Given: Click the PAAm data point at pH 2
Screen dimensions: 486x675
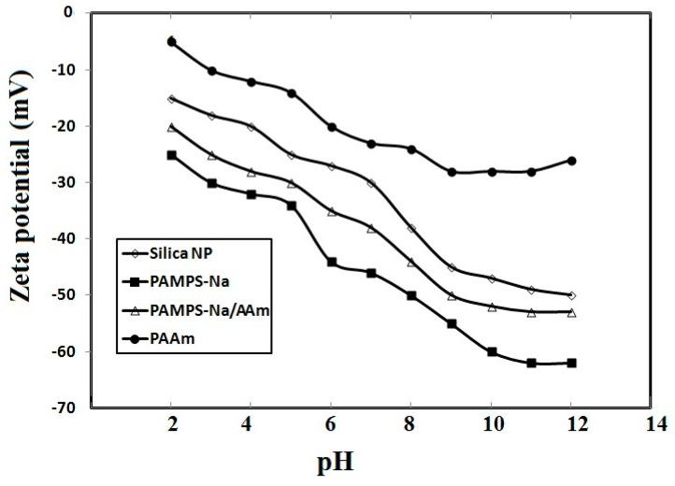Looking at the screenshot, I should click(x=171, y=42).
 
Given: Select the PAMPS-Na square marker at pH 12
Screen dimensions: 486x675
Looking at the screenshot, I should click(x=571, y=363).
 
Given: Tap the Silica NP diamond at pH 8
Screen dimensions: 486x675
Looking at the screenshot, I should click(x=411, y=229).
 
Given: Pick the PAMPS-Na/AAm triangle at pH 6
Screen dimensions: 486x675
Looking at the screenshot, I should click(x=331, y=212).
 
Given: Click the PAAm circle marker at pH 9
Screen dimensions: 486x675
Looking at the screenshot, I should click(x=452, y=172).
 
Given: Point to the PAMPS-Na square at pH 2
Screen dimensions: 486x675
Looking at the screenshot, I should click(x=171, y=155).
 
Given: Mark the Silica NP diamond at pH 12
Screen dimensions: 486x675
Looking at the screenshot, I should click(x=571, y=295).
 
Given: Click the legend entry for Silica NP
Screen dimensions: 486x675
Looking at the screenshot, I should click(x=188, y=251).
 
